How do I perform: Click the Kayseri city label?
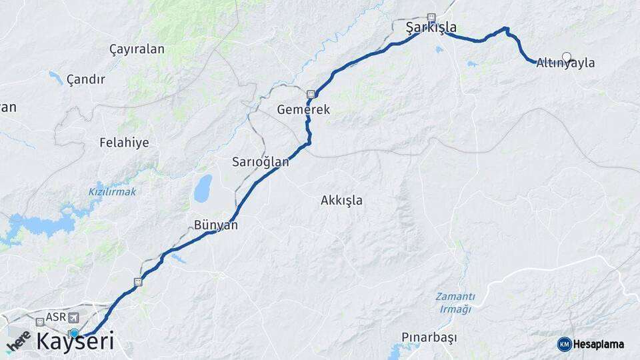point(75,342)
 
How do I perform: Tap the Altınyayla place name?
point(565,63)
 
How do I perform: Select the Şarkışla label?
point(431,27)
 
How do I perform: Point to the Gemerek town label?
point(304,109)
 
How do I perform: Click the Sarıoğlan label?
point(260,161)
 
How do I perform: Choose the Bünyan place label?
point(215,225)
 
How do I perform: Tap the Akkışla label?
point(341,200)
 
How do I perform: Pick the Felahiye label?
point(124,142)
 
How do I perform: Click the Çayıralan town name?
point(137,49)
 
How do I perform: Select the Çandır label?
point(86,80)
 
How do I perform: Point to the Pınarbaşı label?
point(429,337)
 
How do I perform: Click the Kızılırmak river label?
point(112,192)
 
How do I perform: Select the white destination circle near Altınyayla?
point(567,57)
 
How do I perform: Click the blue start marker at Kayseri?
point(74,333)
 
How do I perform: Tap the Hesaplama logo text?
point(598,344)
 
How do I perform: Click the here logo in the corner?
point(19,342)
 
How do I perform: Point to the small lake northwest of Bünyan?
point(203,188)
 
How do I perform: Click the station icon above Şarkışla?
point(431,17)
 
